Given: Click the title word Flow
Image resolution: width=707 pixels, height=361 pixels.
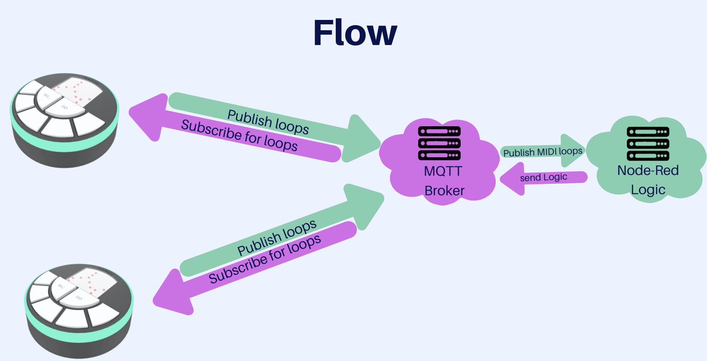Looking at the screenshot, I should [355, 33].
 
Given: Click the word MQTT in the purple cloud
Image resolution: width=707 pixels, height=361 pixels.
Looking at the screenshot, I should [443, 171].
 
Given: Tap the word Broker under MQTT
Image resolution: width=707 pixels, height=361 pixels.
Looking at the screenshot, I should [444, 191].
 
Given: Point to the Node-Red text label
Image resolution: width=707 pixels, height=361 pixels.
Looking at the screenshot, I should [648, 171].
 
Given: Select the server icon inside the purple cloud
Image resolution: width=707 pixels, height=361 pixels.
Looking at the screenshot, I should [439, 143].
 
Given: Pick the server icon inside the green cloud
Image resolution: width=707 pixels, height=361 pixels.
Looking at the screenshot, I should [648, 144].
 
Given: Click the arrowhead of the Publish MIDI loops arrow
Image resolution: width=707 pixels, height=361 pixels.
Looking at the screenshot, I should [572, 150].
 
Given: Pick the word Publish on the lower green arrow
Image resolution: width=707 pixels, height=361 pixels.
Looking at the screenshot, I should [259, 244].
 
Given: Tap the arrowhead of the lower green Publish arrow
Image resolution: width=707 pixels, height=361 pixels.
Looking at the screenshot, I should [364, 205].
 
